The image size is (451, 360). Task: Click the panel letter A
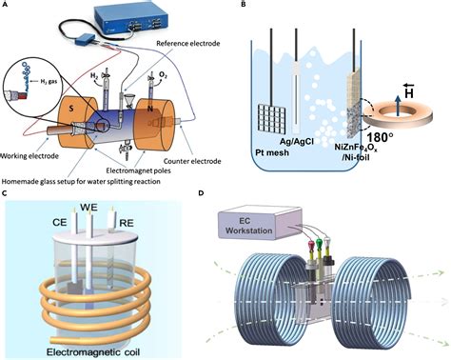(x=6, y=6)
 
